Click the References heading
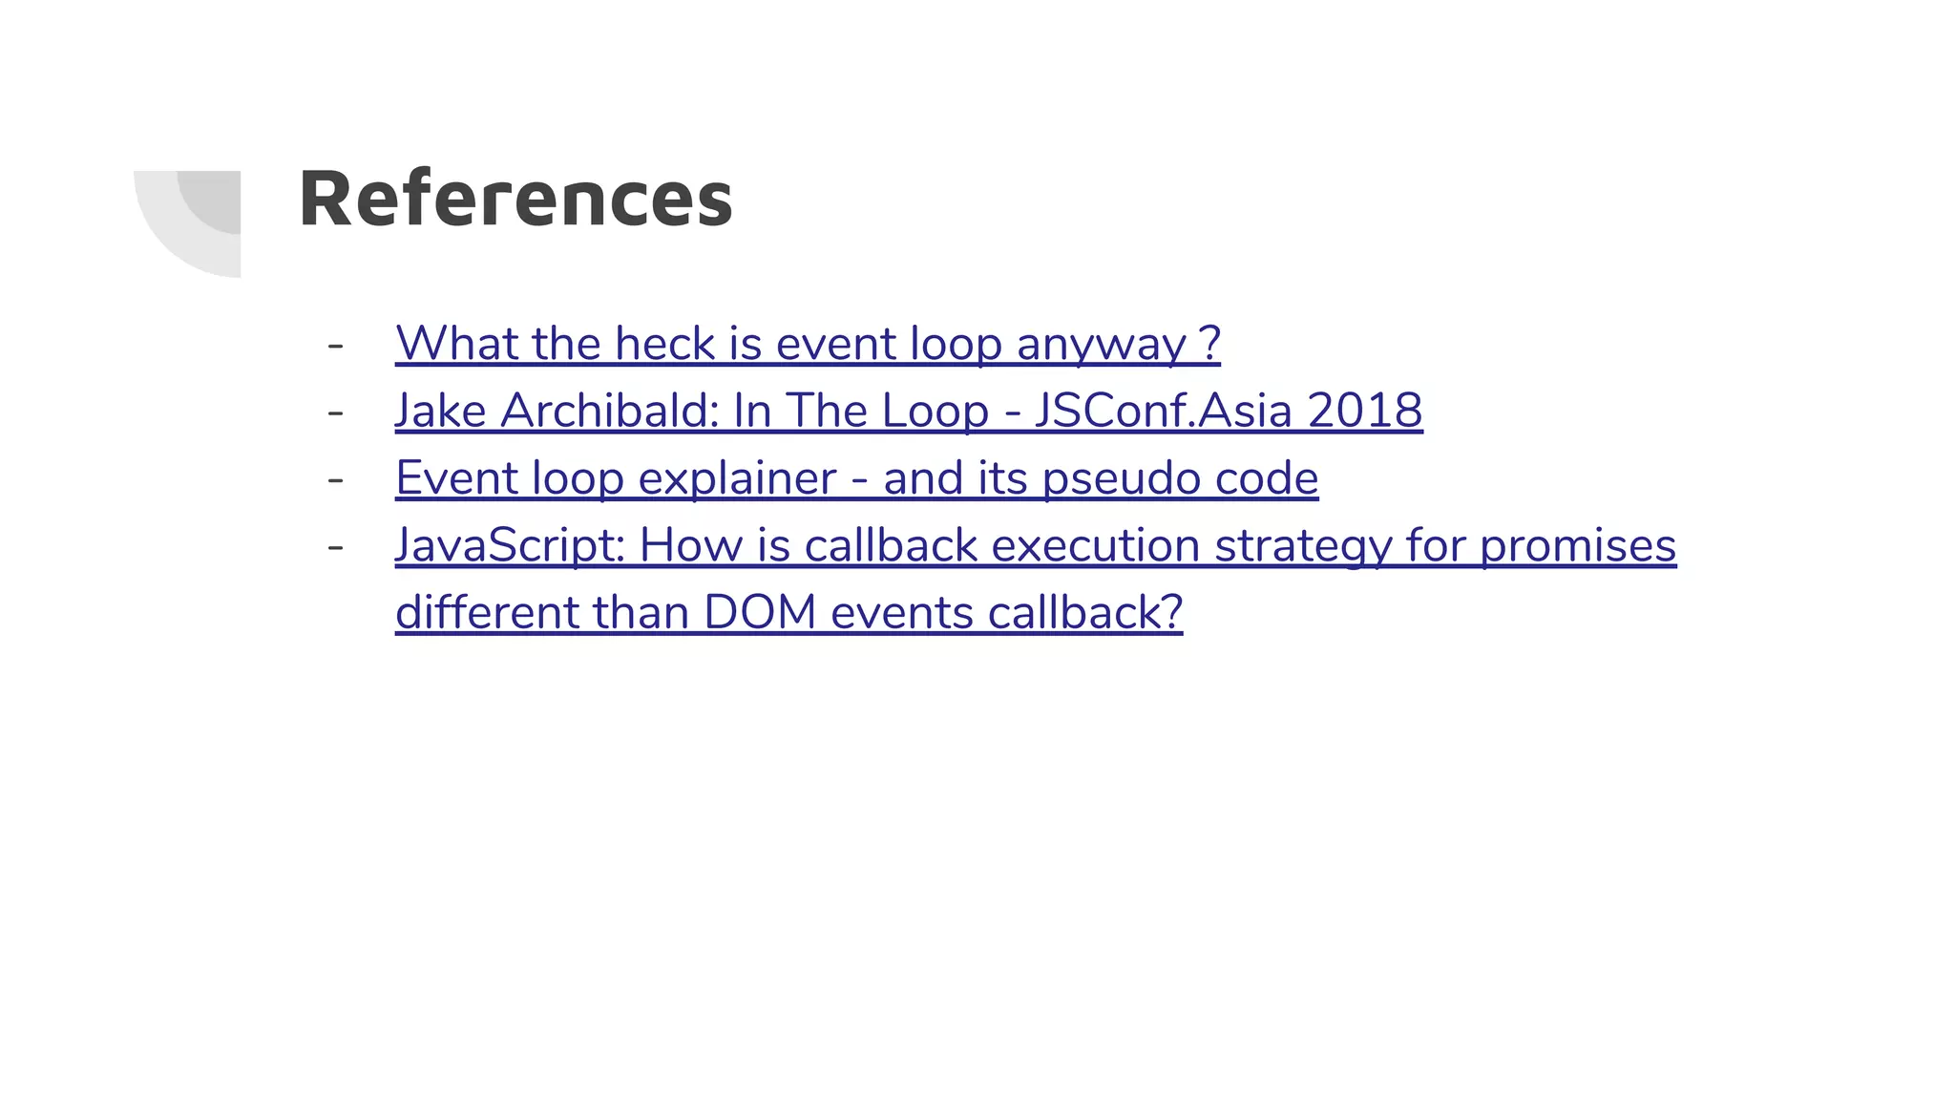(515, 199)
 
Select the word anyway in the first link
(1101, 345)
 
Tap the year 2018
(1364, 411)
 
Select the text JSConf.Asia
(1163, 411)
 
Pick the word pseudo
(1121, 478)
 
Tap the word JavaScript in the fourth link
(510, 546)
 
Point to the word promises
(1578, 546)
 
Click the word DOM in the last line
(760, 613)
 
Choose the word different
(487, 613)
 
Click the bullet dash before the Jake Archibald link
(335, 412)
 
